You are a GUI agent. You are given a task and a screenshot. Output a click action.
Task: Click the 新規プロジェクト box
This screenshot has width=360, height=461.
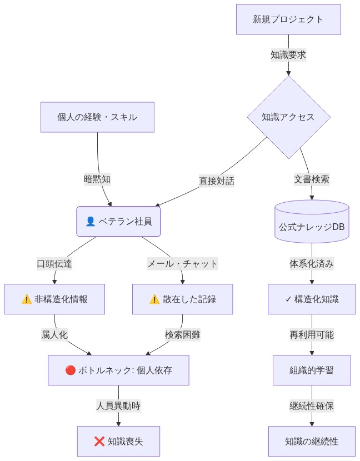[x=288, y=19]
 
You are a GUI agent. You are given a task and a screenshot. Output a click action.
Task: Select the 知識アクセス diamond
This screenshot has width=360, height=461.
[x=288, y=117]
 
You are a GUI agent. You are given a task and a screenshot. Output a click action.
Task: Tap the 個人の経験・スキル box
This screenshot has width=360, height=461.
[x=97, y=117]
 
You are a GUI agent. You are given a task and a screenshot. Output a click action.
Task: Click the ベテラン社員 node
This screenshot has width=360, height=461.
[x=118, y=221]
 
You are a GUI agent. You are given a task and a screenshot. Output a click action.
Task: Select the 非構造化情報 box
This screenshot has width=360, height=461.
[x=54, y=299]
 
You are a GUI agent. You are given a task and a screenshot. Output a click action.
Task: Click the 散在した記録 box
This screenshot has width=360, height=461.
[x=182, y=299]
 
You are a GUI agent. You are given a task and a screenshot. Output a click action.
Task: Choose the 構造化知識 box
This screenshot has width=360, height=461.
[x=311, y=299]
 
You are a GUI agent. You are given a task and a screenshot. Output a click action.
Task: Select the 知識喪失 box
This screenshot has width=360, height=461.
[x=118, y=442]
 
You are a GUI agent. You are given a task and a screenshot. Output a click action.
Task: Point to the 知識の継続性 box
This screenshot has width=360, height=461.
[x=311, y=442]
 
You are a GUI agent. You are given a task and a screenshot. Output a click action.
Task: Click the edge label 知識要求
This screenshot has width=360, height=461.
[x=288, y=55]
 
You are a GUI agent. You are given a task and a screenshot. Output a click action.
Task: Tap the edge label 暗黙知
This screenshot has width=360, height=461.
[x=97, y=179]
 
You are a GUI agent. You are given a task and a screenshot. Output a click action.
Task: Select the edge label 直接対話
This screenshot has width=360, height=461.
[x=217, y=181]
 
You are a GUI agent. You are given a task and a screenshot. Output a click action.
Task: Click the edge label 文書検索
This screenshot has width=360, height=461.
[x=311, y=179]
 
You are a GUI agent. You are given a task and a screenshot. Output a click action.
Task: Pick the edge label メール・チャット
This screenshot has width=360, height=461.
[x=182, y=264]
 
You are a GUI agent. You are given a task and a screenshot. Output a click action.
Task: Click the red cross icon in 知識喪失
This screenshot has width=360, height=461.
[x=99, y=442]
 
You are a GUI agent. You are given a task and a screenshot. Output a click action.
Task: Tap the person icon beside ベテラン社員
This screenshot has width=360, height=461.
[x=91, y=221]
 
